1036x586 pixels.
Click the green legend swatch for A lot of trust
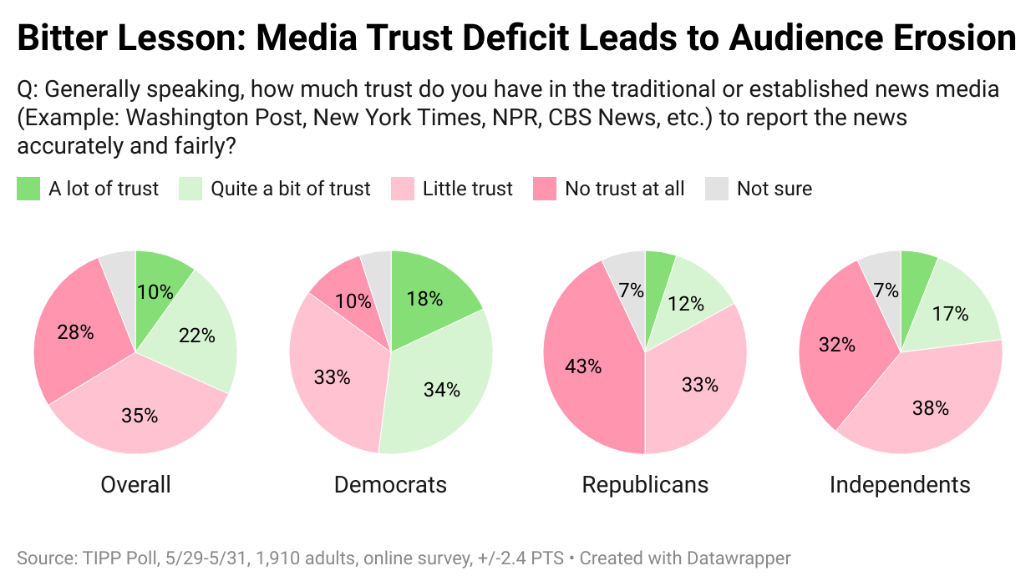pos(28,189)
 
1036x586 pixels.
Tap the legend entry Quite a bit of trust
pos(290,189)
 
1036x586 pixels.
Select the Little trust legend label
pos(467,189)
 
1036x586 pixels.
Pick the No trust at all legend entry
pos(624,189)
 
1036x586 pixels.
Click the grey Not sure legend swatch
pos(717,189)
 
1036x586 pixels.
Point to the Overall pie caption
pos(135,484)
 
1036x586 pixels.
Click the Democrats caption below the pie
pos(390,484)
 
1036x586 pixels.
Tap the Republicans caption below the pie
pos(645,484)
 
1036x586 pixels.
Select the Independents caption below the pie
pos(900,484)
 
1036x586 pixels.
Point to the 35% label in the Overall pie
pos(140,415)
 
